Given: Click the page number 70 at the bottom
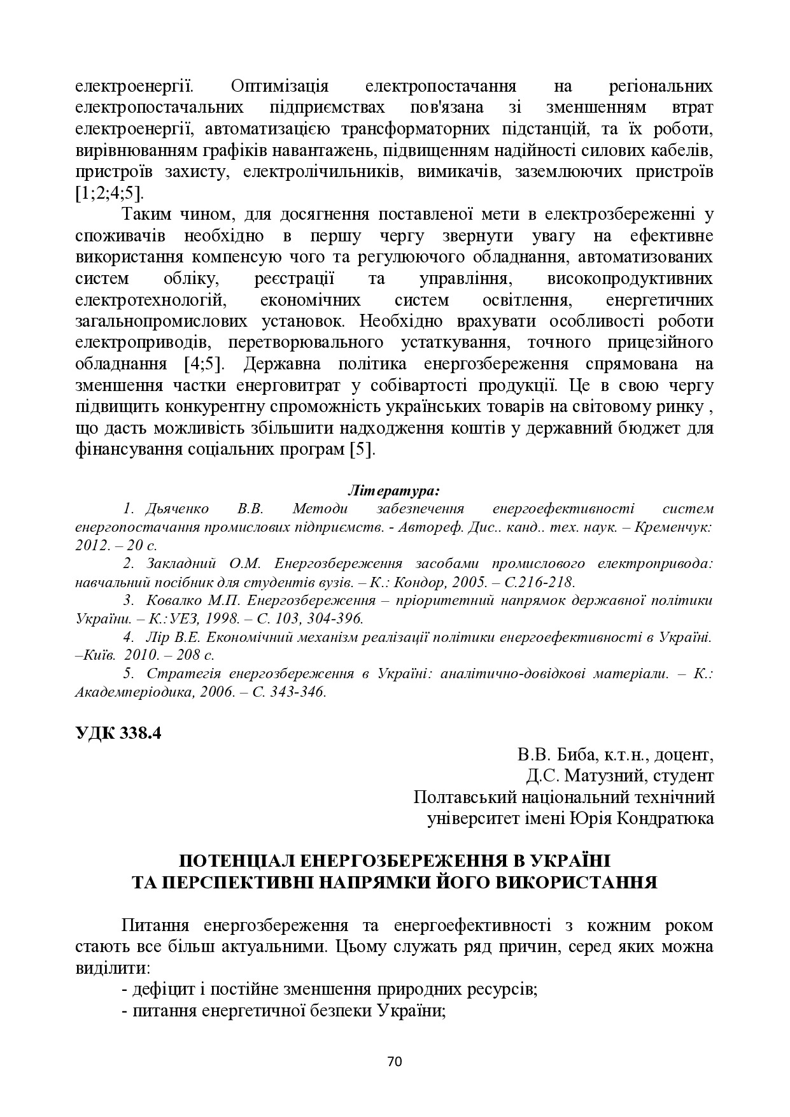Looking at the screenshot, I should (395, 1061).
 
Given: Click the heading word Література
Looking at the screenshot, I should (394, 491).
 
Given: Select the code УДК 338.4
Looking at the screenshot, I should (118, 732).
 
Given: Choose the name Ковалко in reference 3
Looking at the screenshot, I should (174, 600).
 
